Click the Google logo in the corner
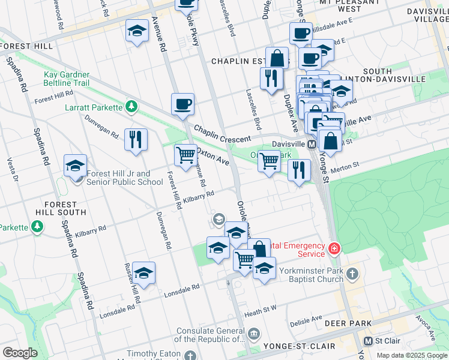click(x=19, y=353)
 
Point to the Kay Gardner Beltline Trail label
click(x=67, y=79)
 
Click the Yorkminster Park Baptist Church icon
click(x=352, y=274)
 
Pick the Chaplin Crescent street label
click(x=221, y=135)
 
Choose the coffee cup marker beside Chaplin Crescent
click(x=182, y=105)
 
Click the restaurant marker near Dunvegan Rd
click(x=136, y=140)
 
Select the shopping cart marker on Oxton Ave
click(x=185, y=155)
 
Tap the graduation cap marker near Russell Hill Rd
click(x=143, y=273)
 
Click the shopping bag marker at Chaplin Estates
click(x=277, y=59)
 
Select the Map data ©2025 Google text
click(x=412, y=355)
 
